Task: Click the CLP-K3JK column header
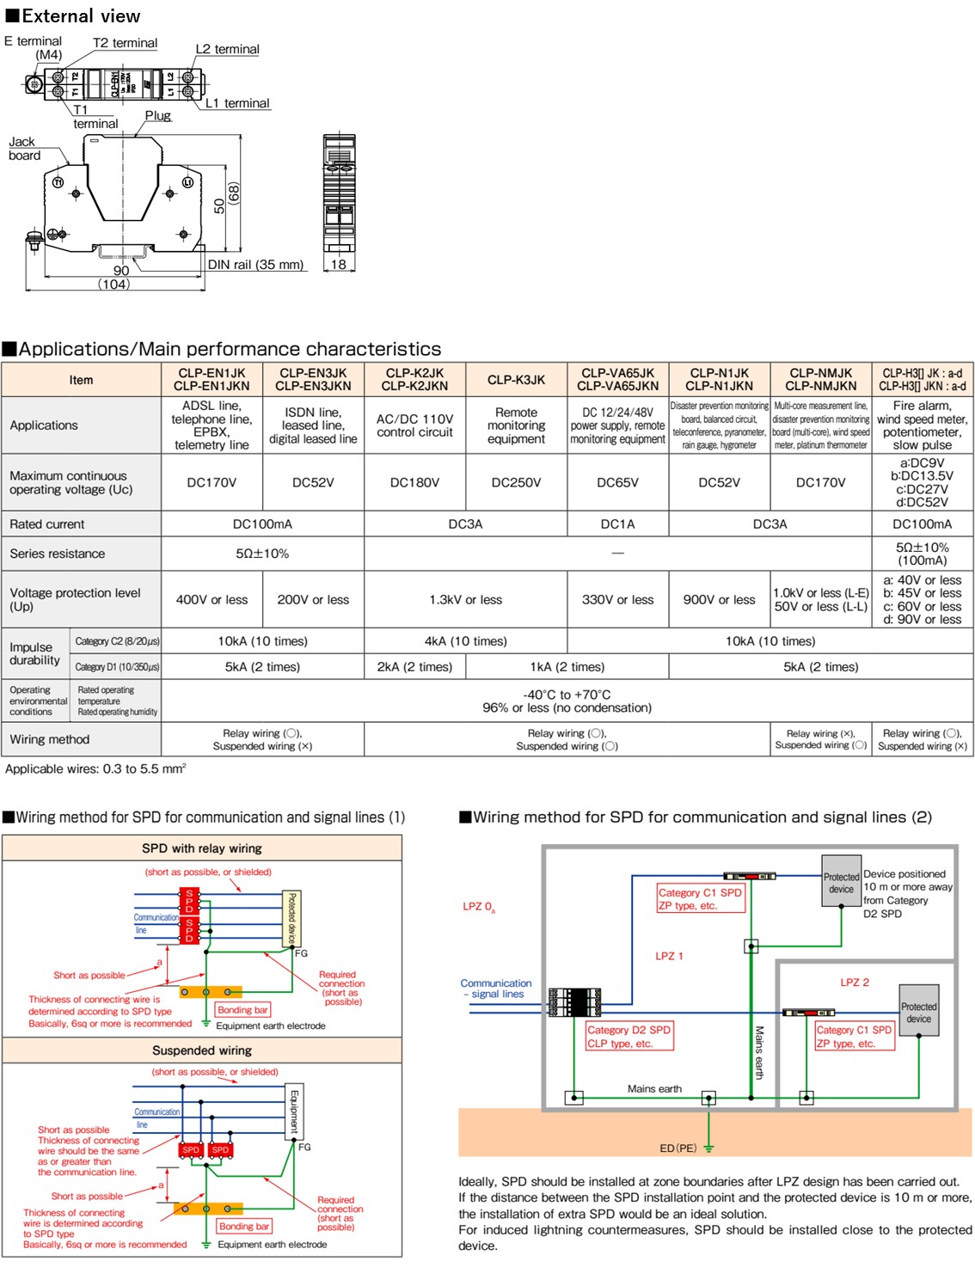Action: click(x=516, y=380)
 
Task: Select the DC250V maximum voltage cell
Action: click(x=516, y=483)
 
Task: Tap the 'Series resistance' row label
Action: click(x=58, y=554)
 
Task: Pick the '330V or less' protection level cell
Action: click(x=617, y=600)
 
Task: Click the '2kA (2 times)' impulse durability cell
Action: click(x=414, y=667)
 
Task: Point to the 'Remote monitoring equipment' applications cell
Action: click(x=516, y=425)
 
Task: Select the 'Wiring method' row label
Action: click(x=50, y=739)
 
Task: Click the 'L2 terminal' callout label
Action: click(x=227, y=50)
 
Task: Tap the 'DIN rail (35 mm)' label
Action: click(x=256, y=265)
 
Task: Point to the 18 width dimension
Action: click(x=339, y=265)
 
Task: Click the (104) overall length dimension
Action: click(x=113, y=284)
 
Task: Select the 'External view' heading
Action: click(x=73, y=15)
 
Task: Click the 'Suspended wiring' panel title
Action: click(x=202, y=1050)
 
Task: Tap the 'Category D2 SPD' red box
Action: click(x=629, y=1037)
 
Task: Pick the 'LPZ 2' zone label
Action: click(x=855, y=982)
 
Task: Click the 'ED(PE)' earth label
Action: click(x=678, y=1148)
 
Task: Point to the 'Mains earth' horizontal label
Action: click(x=654, y=1089)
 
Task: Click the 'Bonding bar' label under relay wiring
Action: click(x=242, y=1010)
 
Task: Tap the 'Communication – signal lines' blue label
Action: click(x=496, y=989)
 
